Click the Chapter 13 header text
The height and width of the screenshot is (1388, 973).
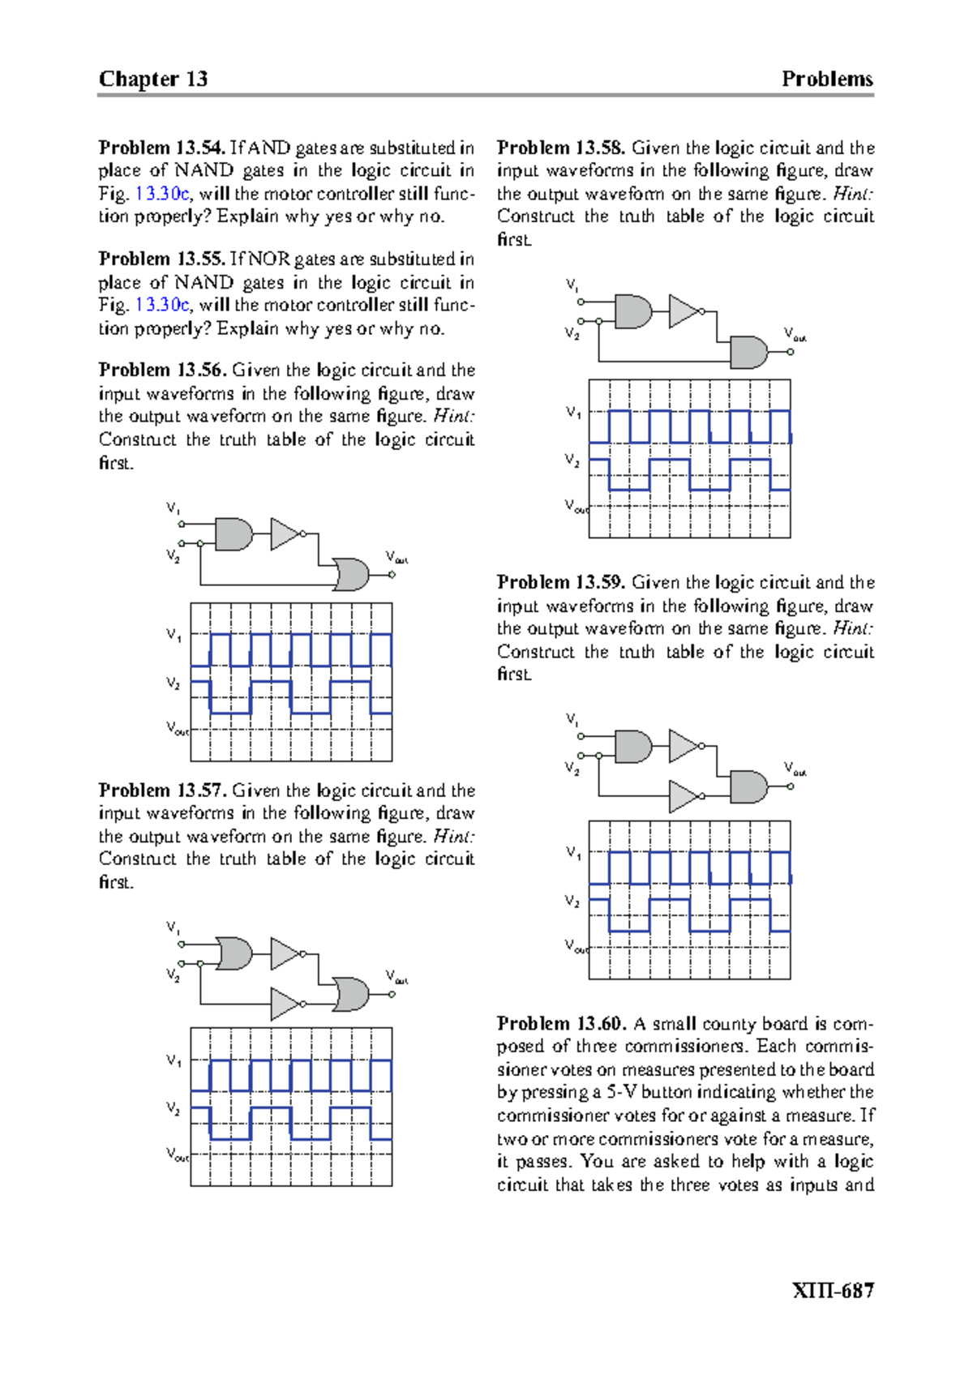[x=153, y=79]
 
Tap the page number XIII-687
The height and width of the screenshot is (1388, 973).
[x=833, y=1290]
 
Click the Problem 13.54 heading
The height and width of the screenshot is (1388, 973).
[x=161, y=148]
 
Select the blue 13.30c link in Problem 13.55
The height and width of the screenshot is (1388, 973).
[x=162, y=305]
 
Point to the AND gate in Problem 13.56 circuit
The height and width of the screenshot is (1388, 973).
[x=234, y=534]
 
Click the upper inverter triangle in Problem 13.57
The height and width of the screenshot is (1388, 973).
[x=284, y=954]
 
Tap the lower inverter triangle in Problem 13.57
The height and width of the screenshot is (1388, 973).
[x=285, y=1004]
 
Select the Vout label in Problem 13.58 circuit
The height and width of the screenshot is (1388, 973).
[x=795, y=334]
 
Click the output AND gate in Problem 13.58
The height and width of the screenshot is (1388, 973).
[x=748, y=353]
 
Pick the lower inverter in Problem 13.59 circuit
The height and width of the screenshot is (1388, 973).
[x=684, y=796]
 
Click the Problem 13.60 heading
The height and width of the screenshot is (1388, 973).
[x=561, y=1023]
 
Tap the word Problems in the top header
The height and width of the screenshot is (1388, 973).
[x=827, y=79]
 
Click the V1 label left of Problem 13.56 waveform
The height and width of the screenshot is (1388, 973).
[x=174, y=635]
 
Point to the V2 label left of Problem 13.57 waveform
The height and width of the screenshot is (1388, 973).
[x=174, y=1108]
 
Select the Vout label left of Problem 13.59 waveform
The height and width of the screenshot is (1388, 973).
[x=575, y=946]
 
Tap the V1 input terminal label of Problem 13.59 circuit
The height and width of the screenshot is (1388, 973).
[x=572, y=719]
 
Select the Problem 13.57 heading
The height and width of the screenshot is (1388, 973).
[x=162, y=790]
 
